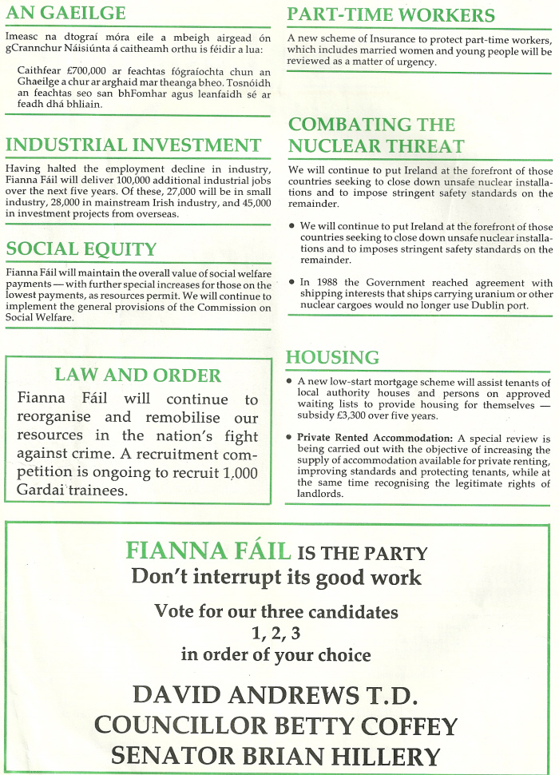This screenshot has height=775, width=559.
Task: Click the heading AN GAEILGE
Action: tap(65, 14)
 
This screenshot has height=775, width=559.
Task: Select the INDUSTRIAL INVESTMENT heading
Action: tap(133, 145)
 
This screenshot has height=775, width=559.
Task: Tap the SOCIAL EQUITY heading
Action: tap(81, 249)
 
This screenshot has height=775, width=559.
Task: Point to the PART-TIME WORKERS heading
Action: tap(391, 15)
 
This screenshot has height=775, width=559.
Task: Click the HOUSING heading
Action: tap(332, 357)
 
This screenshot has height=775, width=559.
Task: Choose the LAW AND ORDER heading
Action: tap(137, 376)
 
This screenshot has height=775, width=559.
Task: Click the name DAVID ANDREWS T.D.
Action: tap(276, 695)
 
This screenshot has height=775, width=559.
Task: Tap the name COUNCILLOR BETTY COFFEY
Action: tap(276, 725)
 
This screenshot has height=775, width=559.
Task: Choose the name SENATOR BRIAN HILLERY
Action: tap(276, 756)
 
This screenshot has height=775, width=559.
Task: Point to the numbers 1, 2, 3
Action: tap(276, 634)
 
